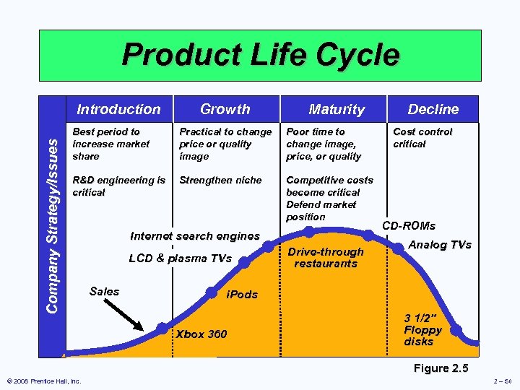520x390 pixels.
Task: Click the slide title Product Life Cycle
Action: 260,55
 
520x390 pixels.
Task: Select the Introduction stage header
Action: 118,109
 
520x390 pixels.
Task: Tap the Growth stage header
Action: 225,109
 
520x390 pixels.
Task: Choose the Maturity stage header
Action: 336,109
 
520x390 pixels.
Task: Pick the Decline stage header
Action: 433,109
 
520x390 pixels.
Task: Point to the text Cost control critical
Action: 422,138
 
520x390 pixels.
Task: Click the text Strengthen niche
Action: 220,180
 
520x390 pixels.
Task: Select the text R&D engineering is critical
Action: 119,186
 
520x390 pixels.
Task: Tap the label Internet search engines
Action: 194,235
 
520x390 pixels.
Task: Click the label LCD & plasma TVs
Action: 180,259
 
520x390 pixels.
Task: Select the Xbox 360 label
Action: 201,334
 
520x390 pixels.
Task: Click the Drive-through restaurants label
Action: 325,257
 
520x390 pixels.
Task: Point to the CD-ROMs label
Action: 409,225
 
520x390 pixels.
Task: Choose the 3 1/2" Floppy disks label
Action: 423,329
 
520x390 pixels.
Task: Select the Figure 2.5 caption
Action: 441,368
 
